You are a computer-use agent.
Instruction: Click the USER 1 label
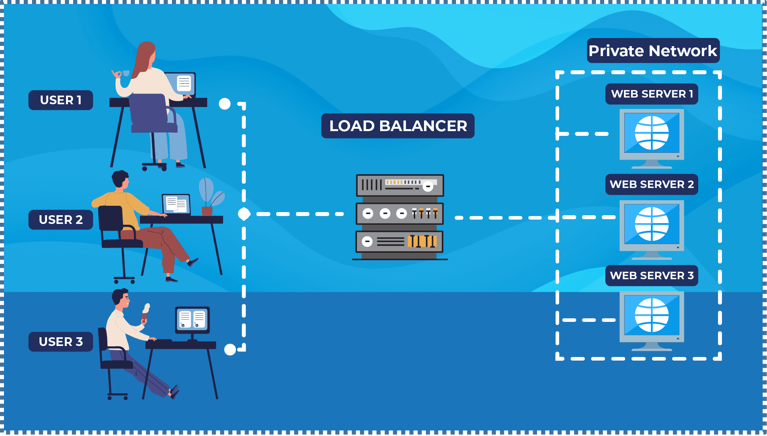pyautogui.click(x=60, y=100)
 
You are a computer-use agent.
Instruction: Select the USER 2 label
pyautogui.click(x=60, y=220)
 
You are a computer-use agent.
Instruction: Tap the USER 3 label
pyautogui.click(x=60, y=342)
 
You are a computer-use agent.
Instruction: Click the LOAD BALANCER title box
pyautogui.click(x=398, y=126)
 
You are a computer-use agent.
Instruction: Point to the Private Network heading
pyautogui.click(x=653, y=51)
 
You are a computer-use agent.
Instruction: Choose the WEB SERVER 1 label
pyautogui.click(x=652, y=94)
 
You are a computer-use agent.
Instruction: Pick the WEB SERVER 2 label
pyautogui.click(x=652, y=184)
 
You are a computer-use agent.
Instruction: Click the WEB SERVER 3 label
pyautogui.click(x=652, y=276)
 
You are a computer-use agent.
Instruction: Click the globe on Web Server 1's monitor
pyautogui.click(x=652, y=133)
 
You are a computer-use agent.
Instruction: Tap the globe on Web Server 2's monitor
pyautogui.click(x=652, y=224)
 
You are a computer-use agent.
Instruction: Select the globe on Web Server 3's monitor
pyautogui.click(x=652, y=315)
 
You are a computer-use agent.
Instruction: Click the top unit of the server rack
pyautogui.click(x=400, y=185)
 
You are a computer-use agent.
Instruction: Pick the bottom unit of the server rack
pyautogui.click(x=400, y=241)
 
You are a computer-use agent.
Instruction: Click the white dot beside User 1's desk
pyautogui.click(x=224, y=104)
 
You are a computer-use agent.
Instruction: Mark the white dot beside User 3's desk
pyautogui.click(x=230, y=350)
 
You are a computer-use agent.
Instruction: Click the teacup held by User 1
pyautogui.click(x=126, y=73)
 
